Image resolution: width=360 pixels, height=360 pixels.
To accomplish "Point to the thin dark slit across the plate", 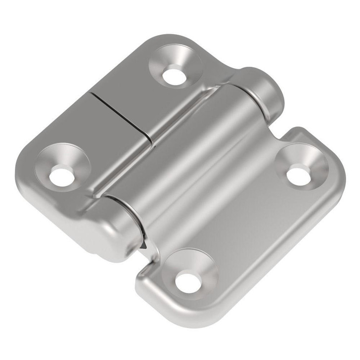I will coord(124,116).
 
